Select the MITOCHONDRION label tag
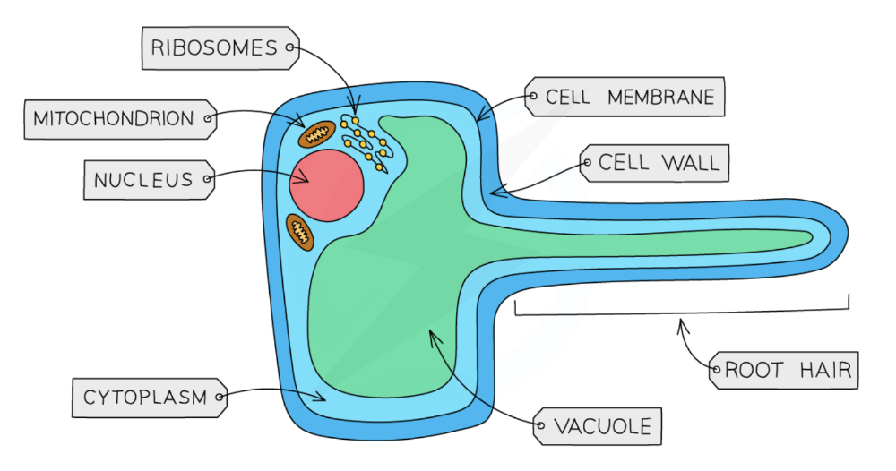coord(114,118)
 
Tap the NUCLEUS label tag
coord(144,180)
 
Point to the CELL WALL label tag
coord(658,163)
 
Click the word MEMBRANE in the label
coord(661,97)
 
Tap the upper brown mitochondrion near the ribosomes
coord(315,135)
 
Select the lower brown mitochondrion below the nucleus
coord(300,232)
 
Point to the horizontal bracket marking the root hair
coord(681,312)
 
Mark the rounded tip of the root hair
coord(842,237)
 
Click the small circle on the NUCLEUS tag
coord(208,180)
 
